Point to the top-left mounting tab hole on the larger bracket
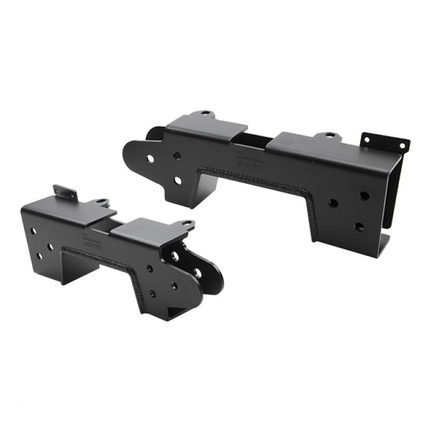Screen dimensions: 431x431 point(205,114)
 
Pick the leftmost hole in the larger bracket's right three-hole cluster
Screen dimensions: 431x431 point(333,204)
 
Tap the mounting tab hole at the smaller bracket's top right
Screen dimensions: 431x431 point(185,223)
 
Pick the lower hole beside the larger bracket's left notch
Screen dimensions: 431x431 point(177,181)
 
